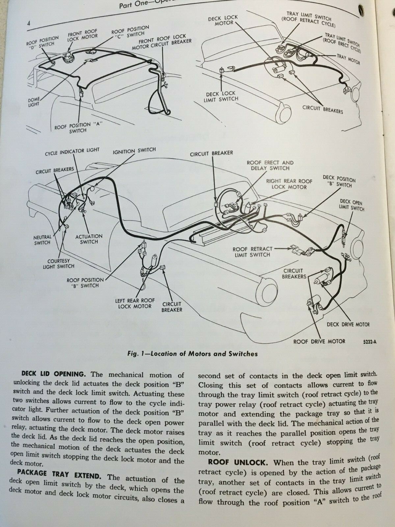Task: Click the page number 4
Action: coord(29,23)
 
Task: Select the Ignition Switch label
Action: coord(134,151)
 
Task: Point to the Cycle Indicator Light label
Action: coord(72,152)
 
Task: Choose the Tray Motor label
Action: coord(348,60)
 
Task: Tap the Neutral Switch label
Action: coord(42,239)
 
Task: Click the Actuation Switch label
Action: coord(89,239)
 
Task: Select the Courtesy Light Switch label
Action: coord(59,263)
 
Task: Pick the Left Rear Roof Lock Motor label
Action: coord(135,303)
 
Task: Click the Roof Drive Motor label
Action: coord(319,341)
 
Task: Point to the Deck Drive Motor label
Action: coord(348,324)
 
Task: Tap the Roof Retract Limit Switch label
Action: coord(252,252)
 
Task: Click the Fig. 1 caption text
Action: coord(193,354)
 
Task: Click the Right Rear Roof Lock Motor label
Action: coord(289,184)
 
